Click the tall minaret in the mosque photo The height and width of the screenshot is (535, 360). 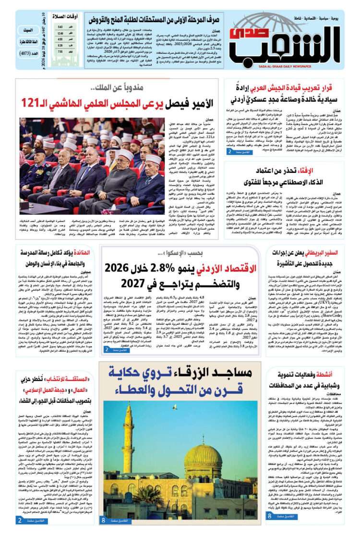point(129,446)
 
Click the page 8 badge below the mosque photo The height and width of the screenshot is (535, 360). point(103,520)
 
